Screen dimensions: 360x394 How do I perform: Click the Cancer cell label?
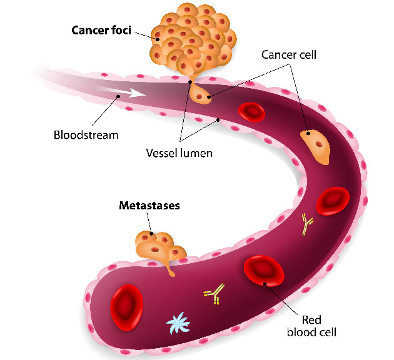click(x=289, y=54)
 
